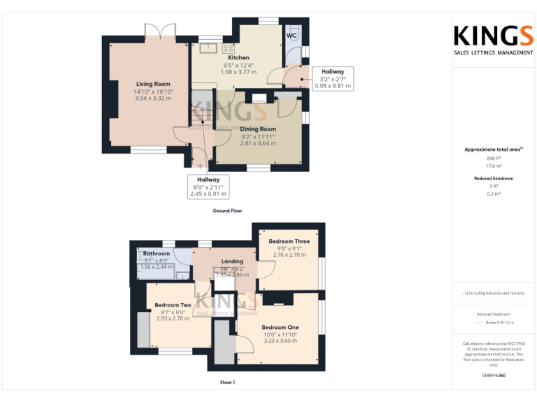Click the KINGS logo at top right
coord(494,36)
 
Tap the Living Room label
coord(153,84)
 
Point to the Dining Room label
coord(258,129)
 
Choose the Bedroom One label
coord(280,327)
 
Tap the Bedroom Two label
coord(173,305)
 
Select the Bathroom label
coord(156,253)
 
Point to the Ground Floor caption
coord(227,211)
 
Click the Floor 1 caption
coord(227,383)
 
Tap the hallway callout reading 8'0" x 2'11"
coord(208,187)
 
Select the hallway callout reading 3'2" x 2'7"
coord(333,78)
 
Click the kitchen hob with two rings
coord(228,49)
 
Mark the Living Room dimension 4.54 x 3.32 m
coord(153,99)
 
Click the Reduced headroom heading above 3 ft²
coord(494,178)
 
